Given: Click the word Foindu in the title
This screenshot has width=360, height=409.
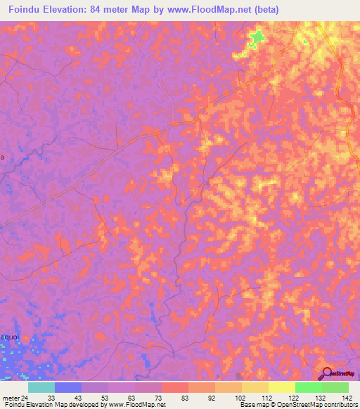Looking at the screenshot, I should pos(27,10).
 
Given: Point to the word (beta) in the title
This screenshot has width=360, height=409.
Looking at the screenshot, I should pos(266,10).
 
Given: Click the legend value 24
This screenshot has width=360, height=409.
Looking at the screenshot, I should pos(25,397).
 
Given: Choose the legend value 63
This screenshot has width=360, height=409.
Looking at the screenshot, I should pos(131,397).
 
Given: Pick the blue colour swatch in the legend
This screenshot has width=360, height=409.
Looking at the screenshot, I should pos(68,387).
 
